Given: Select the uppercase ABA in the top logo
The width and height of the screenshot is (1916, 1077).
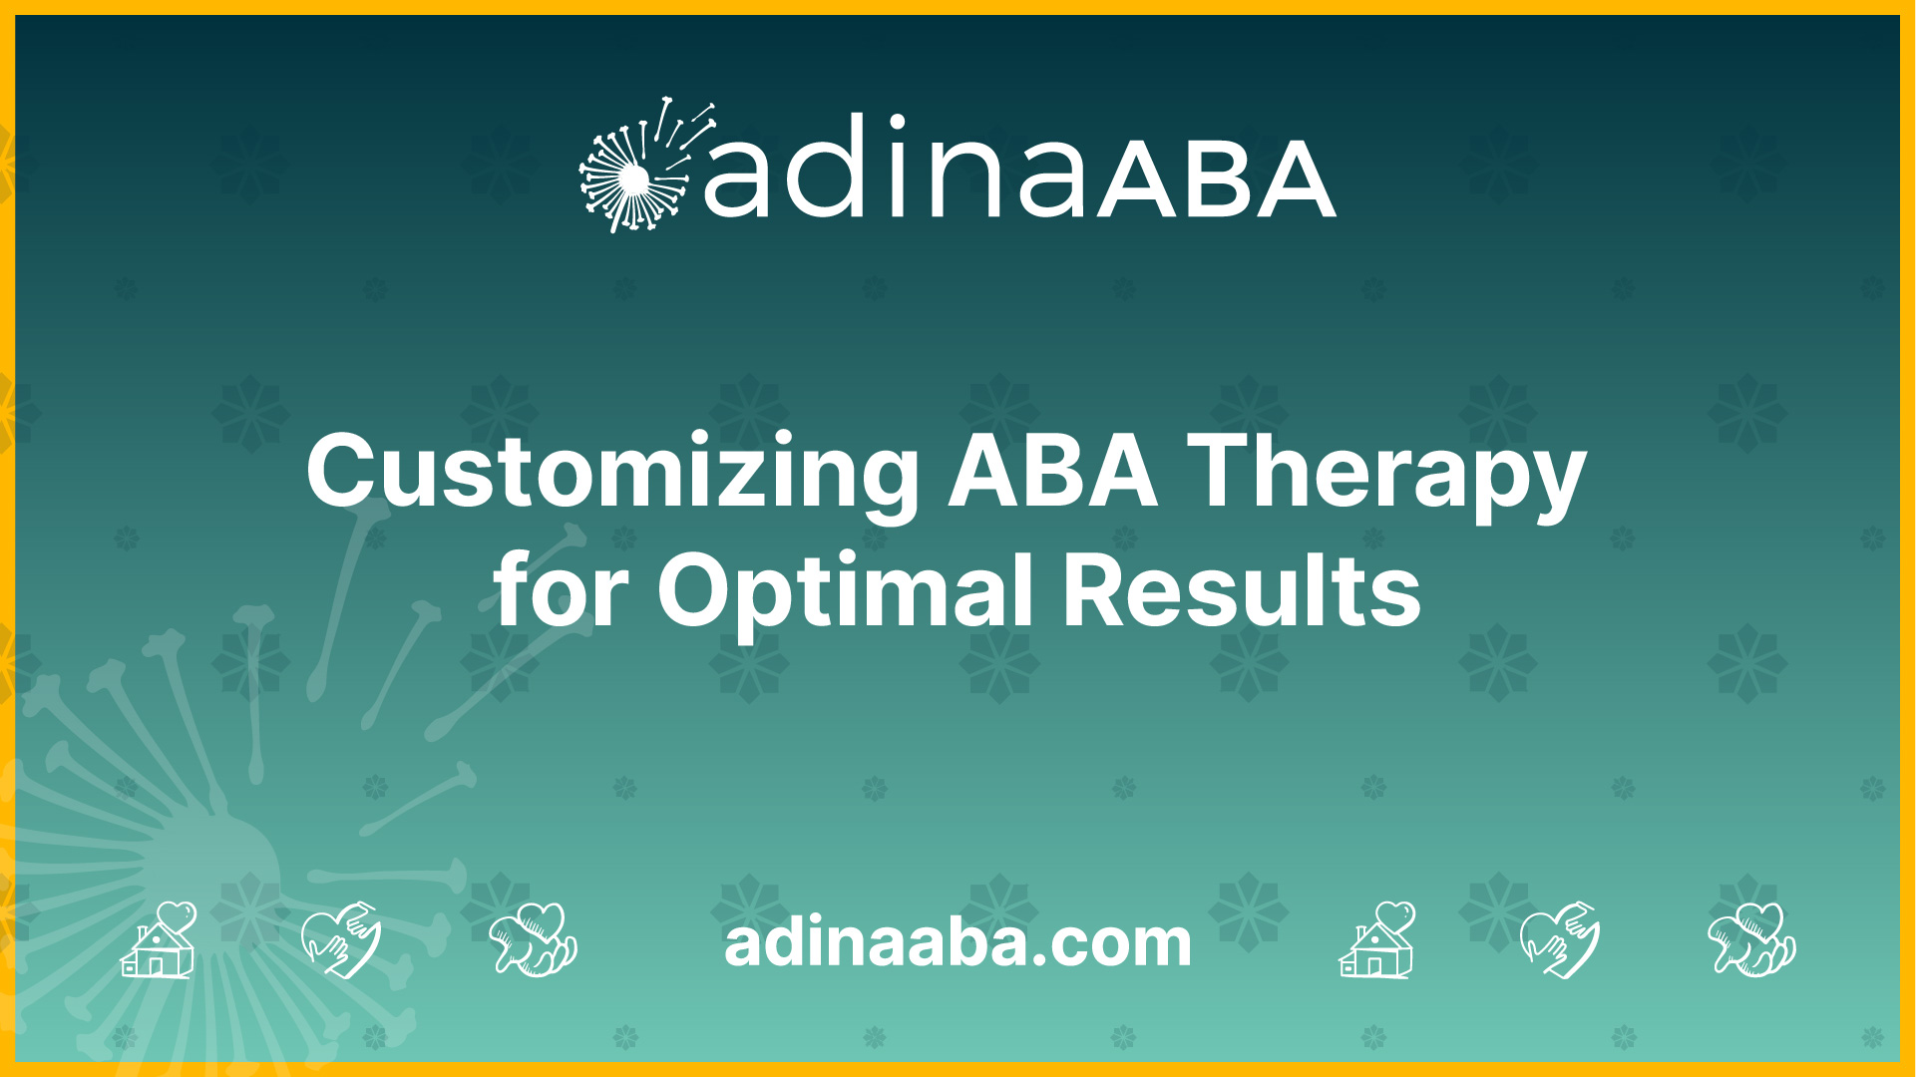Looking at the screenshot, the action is [1217, 179].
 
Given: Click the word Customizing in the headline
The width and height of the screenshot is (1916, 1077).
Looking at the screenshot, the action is [612, 473].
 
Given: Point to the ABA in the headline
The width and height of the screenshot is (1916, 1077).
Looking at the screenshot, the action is [1053, 471].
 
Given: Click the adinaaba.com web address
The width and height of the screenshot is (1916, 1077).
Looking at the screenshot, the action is [958, 942].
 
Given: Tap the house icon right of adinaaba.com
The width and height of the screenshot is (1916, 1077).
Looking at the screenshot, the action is [1377, 939].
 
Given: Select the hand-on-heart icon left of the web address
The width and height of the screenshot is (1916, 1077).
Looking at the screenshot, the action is [341, 939].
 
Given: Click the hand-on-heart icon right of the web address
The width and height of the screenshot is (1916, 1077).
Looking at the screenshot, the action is [1560, 939].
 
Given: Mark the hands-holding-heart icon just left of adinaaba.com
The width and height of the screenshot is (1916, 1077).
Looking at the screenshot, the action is [534, 939].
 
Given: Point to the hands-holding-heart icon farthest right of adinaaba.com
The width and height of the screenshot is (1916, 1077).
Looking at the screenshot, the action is [1752, 939].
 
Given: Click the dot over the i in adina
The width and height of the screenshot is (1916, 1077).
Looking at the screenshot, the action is [896, 124].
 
